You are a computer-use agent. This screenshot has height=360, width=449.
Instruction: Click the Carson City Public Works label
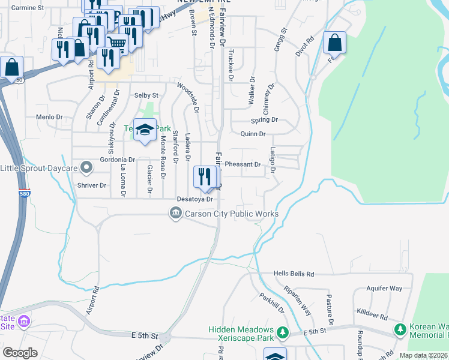point(232,214)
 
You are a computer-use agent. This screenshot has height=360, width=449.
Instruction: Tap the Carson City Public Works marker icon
point(176,213)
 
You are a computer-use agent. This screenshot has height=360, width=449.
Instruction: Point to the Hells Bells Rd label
point(294,274)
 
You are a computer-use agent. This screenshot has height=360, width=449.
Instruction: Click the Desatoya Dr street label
point(195,199)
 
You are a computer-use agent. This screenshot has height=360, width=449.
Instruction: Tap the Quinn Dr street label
point(253,134)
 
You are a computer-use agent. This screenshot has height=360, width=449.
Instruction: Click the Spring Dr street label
point(265,119)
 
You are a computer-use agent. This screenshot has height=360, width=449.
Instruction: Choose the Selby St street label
point(146,95)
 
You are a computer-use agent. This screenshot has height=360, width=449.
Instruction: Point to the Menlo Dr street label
point(49,117)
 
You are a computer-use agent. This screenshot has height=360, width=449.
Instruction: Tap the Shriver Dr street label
point(91,185)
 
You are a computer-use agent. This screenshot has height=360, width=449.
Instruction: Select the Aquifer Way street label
point(387,289)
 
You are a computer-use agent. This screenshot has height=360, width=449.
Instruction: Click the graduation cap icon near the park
point(145,130)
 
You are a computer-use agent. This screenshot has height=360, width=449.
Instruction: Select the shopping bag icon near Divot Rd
point(334,43)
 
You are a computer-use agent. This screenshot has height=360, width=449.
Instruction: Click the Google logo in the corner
point(20,353)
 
